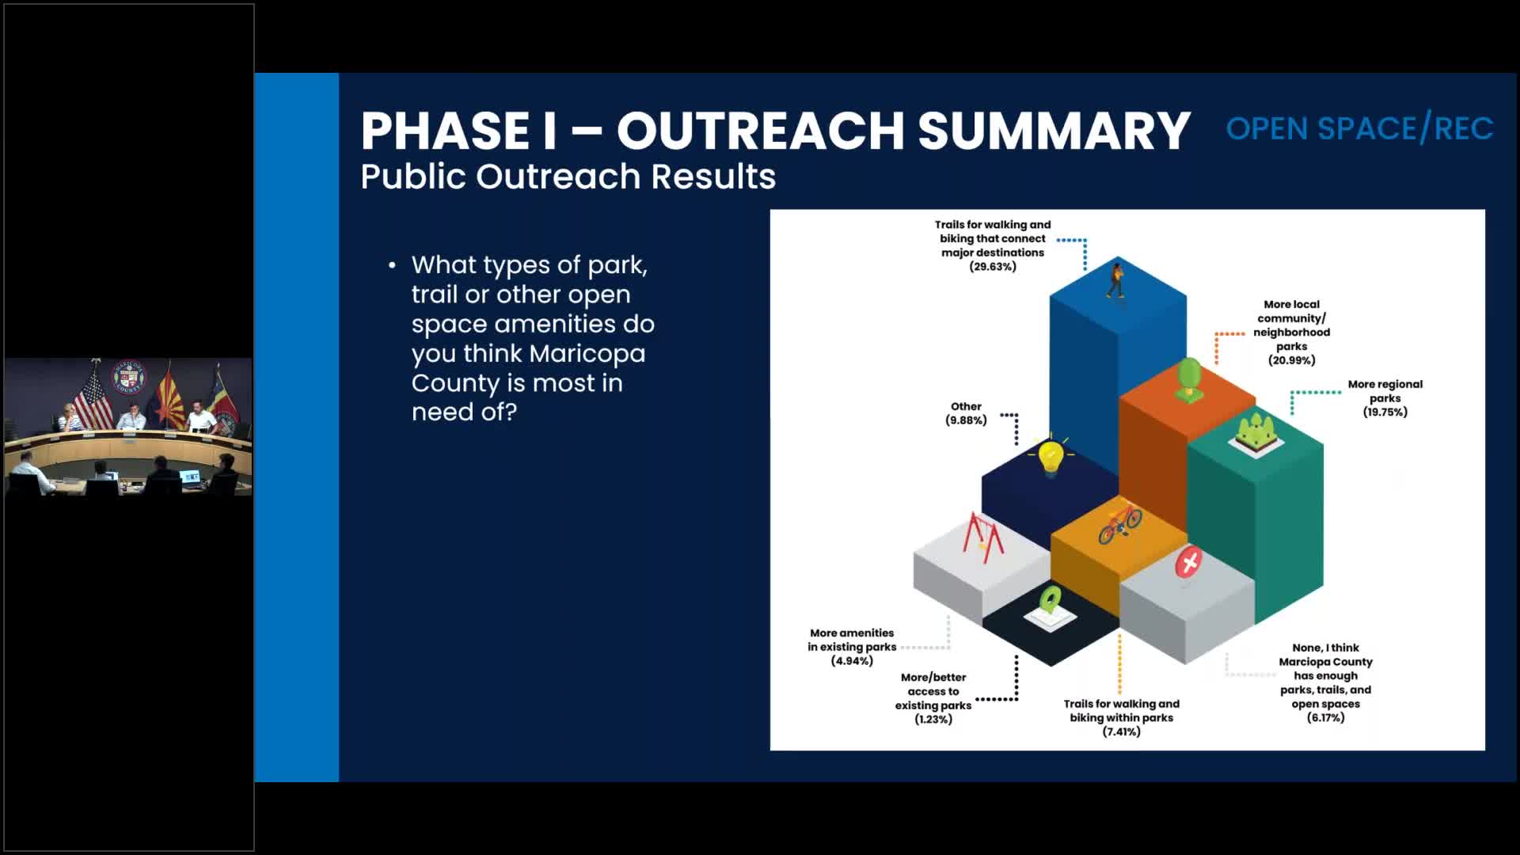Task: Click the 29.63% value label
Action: [x=992, y=267]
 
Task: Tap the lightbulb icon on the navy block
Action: [x=1051, y=458]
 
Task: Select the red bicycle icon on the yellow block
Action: [x=1119, y=522]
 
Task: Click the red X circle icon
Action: [x=1187, y=564]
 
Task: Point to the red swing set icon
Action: [x=982, y=538]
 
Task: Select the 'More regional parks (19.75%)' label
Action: [x=1385, y=398]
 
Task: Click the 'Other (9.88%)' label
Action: [x=966, y=413]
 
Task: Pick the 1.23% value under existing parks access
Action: [x=933, y=720]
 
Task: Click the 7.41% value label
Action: [x=1121, y=732]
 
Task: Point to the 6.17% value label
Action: [x=1325, y=718]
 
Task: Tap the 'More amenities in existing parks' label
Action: [x=852, y=640]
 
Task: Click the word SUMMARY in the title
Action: [x=1053, y=131]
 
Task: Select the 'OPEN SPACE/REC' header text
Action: [x=1359, y=129]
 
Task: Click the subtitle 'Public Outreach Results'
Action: [x=568, y=177]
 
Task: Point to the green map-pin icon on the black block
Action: [x=1050, y=602]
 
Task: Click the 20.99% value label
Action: [x=1291, y=360]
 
